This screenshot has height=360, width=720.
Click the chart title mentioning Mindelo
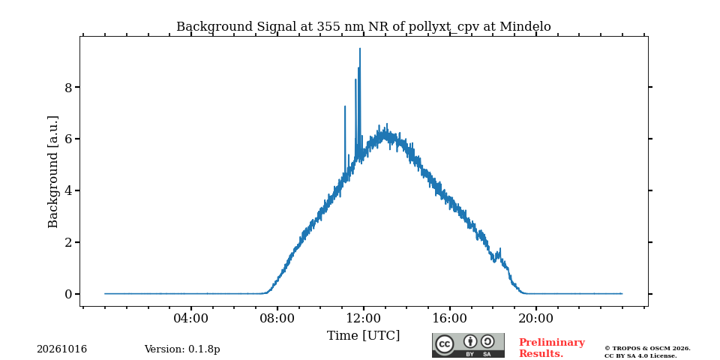coord(363,27)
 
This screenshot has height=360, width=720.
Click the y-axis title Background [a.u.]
coord(53,172)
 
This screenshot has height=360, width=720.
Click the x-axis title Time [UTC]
coord(363,336)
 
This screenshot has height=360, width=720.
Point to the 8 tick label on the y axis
coord(68,87)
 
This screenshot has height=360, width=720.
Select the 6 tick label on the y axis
coord(68,139)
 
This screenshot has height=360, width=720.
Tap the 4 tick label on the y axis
coord(68,191)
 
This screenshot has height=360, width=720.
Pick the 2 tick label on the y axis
coord(68,242)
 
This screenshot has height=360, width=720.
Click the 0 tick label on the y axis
coord(68,294)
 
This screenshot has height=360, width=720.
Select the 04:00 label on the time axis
coord(190,318)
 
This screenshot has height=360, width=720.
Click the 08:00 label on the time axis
coord(277,318)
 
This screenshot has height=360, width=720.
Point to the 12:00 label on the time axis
coord(364,318)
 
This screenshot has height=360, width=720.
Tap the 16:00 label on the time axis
coord(450,318)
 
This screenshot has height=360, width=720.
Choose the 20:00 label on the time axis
coord(536,318)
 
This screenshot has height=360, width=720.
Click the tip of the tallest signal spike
coord(359,48)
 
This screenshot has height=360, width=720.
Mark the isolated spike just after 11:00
coord(345,106)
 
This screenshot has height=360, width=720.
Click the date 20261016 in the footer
coord(62,349)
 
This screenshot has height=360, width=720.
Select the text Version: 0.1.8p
coord(182,349)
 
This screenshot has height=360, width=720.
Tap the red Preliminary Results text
coord(552,348)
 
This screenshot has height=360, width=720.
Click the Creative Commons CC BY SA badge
coord(468,345)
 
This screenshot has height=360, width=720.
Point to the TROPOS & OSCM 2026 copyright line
coord(647,349)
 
